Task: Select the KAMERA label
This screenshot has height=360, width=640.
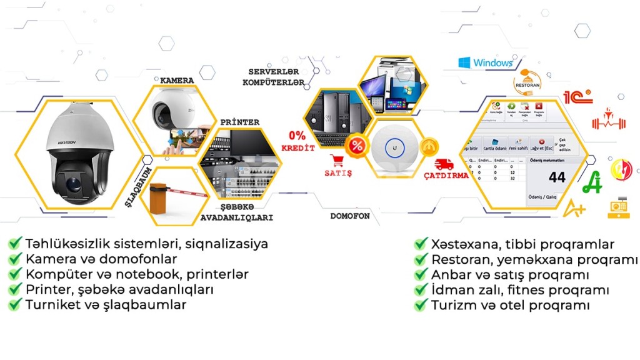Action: [x=177, y=81]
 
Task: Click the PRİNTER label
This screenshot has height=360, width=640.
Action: [x=239, y=122]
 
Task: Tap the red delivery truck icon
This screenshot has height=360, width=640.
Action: [x=444, y=164]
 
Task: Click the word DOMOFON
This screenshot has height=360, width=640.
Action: [x=350, y=216]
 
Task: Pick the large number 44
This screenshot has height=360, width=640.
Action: [x=557, y=177]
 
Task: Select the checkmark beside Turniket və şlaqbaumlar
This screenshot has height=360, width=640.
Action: [x=14, y=305]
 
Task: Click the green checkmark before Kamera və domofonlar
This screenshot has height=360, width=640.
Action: [x=14, y=259]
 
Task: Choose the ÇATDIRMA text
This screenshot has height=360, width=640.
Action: [x=446, y=176]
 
